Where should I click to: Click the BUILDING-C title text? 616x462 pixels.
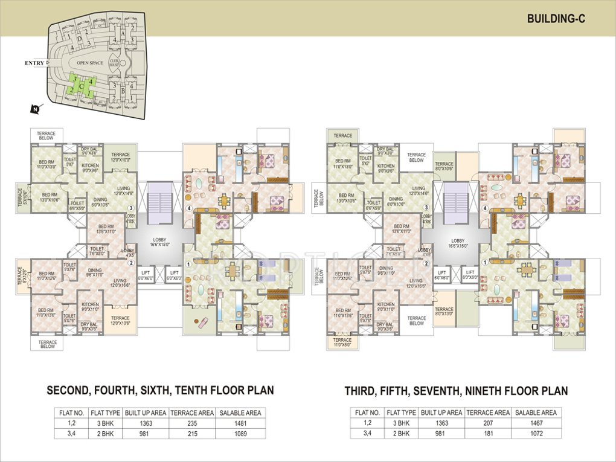click(x=555, y=19)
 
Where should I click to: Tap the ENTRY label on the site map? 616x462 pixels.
click(x=35, y=63)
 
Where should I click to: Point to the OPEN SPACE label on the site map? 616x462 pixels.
click(x=89, y=62)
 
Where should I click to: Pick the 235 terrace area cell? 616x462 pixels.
click(x=192, y=423)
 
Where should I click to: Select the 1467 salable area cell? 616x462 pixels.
click(x=536, y=423)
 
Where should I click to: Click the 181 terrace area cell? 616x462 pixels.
click(x=489, y=434)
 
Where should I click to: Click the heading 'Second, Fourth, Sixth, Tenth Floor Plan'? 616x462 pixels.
click(x=160, y=391)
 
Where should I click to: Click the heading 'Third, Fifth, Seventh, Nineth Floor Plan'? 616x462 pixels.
click(x=456, y=391)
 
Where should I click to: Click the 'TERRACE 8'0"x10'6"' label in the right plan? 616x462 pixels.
click(x=444, y=167)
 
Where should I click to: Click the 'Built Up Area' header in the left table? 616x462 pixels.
click(x=145, y=413)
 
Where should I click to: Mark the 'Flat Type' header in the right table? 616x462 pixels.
click(x=401, y=413)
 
